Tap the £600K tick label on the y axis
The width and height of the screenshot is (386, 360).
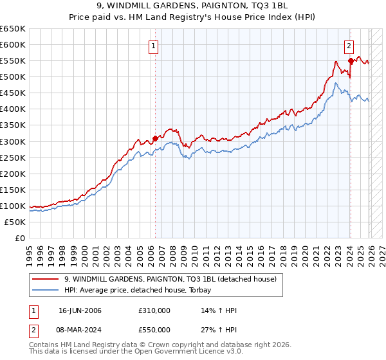point(13,45)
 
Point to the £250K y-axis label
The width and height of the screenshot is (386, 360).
point(13,157)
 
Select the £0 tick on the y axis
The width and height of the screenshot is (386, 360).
point(19,238)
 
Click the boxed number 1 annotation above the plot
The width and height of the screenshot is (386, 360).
point(154,46)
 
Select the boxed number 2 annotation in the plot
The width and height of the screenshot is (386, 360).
point(349,46)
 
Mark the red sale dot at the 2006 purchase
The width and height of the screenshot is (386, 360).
point(155,138)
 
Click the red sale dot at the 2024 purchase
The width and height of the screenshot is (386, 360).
point(351,60)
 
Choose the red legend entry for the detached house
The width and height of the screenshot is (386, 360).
point(170,279)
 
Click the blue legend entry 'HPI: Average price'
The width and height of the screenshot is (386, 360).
point(142,291)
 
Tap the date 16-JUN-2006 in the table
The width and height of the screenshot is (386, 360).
point(80,310)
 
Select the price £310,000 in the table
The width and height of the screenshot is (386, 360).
point(154,310)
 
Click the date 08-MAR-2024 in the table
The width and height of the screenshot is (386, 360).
point(80,330)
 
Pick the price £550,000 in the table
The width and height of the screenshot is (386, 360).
point(154,330)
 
